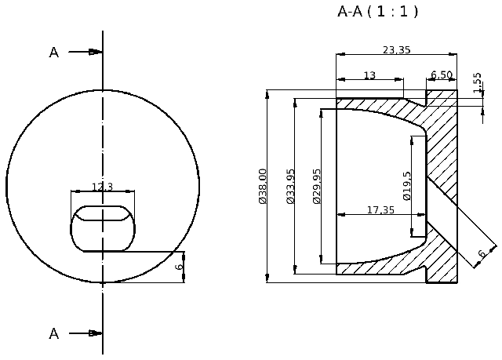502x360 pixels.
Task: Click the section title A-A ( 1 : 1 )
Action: [x=377, y=12]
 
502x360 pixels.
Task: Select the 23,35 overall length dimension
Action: [x=397, y=50]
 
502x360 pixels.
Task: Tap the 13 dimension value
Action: [x=369, y=75]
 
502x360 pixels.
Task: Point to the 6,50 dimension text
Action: [x=442, y=75]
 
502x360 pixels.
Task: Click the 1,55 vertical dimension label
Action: [x=478, y=82]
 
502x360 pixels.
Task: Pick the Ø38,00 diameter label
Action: [x=263, y=187]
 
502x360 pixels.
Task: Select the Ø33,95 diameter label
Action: [x=290, y=187]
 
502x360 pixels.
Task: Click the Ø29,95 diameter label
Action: [x=317, y=187]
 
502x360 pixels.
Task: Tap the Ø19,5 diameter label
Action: [x=407, y=186]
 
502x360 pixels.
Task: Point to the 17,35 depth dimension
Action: [x=380, y=209]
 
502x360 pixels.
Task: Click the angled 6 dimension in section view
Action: [x=482, y=253]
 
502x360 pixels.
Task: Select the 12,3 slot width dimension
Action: [x=102, y=187]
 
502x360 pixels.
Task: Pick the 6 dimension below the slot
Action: [x=179, y=267]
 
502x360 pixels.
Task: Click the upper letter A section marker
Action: [x=54, y=53]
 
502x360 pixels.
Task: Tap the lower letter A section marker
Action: [x=54, y=333]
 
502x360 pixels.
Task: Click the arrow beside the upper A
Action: [x=85, y=53]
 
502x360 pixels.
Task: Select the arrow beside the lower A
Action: [x=85, y=333]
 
